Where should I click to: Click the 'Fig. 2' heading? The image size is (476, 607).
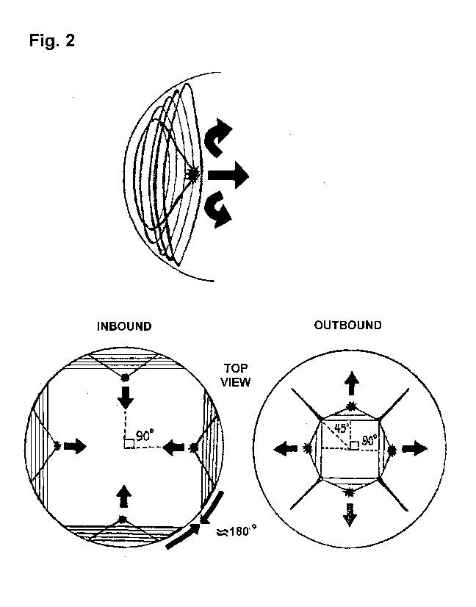click(51, 41)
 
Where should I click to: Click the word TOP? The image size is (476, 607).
click(236, 369)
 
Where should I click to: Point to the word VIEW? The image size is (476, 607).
click(236, 382)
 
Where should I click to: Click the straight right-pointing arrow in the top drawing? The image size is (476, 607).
click(228, 175)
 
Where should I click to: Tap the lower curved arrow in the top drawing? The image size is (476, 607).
click(220, 209)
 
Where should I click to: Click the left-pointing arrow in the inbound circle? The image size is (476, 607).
click(173, 446)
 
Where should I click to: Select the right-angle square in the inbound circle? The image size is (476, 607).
click(128, 443)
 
